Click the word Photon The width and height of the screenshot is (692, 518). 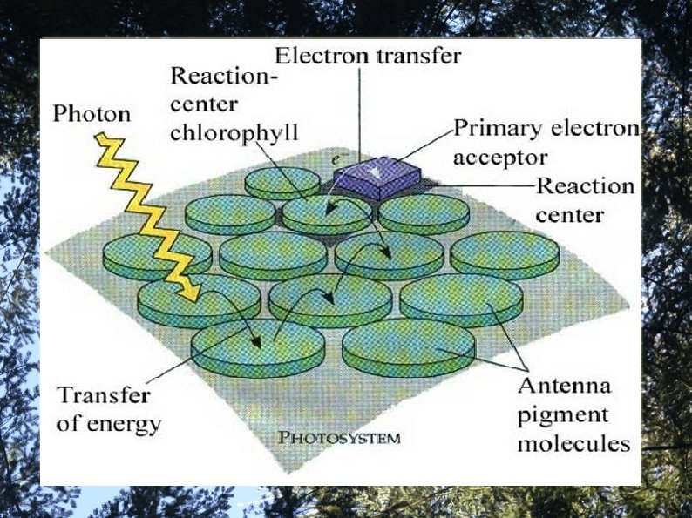pyautogui.click(x=92, y=114)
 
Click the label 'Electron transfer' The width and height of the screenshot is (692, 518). pyautogui.click(x=368, y=56)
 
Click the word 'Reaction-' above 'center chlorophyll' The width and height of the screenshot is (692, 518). pyautogui.click(x=222, y=75)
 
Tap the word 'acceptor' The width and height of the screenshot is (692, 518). pyautogui.click(x=500, y=158)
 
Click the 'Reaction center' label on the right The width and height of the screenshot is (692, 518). pyautogui.click(x=584, y=199)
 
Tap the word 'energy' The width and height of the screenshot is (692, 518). pyautogui.click(x=129, y=425)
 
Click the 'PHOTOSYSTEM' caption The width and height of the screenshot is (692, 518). pyautogui.click(x=340, y=438)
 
